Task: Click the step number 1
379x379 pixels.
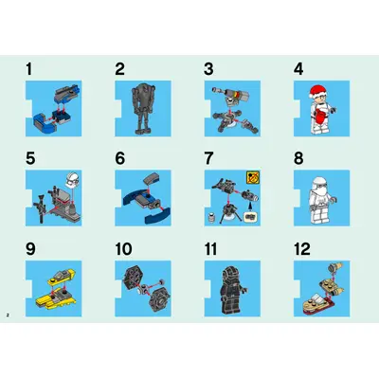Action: point(29,69)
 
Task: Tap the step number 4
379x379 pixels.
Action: point(298,69)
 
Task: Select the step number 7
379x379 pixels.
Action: point(209,158)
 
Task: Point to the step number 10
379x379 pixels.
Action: point(123,249)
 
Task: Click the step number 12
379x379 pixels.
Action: point(302,249)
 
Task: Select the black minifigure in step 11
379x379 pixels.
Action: point(232,290)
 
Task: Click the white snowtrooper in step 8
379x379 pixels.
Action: point(321,200)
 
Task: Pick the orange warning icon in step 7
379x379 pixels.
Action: point(253,178)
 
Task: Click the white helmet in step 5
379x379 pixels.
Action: point(73,179)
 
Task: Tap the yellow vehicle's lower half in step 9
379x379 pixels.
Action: point(54,298)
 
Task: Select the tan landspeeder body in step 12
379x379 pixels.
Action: point(316,302)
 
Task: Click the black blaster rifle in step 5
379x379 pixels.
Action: point(41,207)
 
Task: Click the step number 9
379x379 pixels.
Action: point(30,249)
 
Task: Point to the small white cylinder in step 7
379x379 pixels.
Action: point(211,217)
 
